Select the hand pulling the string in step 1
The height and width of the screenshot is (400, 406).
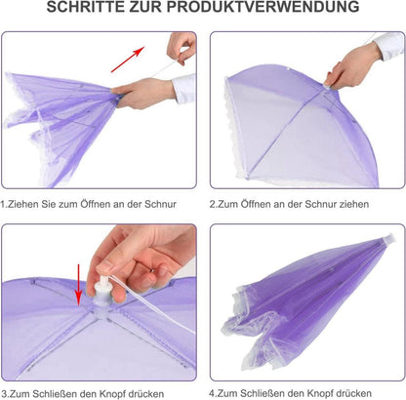pos(182,47)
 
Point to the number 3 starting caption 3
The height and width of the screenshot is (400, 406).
pos(5,396)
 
